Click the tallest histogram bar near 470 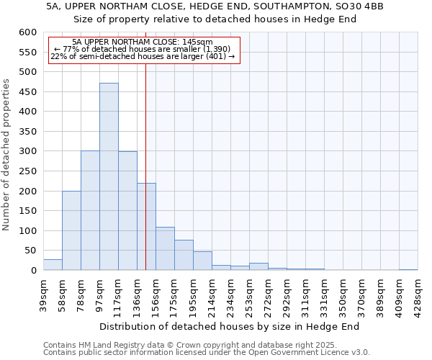109,176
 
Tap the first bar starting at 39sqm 53,264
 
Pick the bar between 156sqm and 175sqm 165,248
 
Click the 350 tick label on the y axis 27,132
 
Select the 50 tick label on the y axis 30,251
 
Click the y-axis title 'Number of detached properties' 7,155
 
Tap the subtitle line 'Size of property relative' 215,19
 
